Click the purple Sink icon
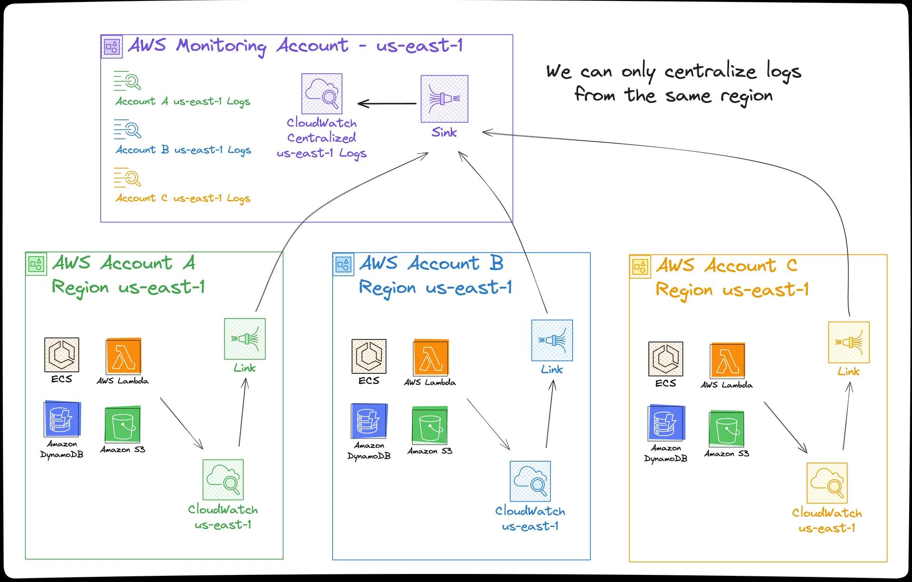click(444, 98)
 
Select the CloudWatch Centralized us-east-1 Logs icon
click(322, 94)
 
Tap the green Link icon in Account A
click(245, 339)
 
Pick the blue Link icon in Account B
click(552, 340)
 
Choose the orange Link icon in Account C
click(848, 342)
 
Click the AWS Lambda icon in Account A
click(123, 357)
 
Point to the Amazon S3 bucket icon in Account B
click(430, 425)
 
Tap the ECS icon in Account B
click(369, 356)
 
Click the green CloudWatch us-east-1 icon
click(223, 479)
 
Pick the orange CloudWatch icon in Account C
click(827, 483)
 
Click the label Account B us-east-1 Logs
click(183, 150)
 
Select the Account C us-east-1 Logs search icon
click(127, 178)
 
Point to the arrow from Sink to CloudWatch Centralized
click(387, 103)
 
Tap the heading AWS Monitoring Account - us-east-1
click(295, 46)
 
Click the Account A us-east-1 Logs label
click(183, 101)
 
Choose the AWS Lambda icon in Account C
click(727, 360)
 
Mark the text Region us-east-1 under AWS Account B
click(435, 288)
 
